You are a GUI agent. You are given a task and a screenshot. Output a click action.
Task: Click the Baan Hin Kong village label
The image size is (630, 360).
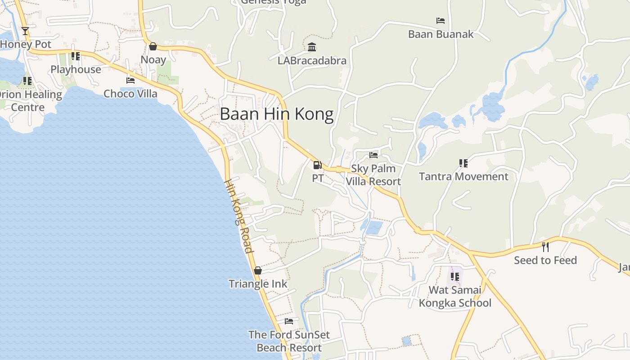[277, 114]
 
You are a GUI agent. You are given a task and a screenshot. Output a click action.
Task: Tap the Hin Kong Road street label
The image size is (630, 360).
[239, 216]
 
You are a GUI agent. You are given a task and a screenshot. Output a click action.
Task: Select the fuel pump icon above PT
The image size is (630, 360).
[317, 165]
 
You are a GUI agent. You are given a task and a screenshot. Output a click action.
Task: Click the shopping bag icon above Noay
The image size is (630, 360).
[153, 46]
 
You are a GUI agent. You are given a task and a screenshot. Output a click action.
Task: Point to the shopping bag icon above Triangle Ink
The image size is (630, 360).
[258, 270]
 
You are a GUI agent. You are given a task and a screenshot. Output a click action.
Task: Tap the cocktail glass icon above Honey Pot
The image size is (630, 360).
[25, 31]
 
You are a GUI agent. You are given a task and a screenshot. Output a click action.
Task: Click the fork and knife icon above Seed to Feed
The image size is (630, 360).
[545, 247]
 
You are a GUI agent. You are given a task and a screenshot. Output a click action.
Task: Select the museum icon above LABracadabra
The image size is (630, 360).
[312, 47]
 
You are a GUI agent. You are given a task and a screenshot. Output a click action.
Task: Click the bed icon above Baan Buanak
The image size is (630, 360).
[441, 21]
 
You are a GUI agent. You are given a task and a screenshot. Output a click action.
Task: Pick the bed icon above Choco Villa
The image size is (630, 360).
[130, 81]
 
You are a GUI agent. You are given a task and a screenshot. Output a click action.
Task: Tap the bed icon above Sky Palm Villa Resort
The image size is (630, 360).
[373, 155]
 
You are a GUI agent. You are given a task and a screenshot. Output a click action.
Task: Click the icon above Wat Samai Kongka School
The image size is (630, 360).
[455, 276]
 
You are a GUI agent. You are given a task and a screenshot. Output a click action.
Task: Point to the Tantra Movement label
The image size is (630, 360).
[463, 176]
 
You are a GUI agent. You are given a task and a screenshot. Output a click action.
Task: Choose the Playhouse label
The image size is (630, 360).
[76, 69]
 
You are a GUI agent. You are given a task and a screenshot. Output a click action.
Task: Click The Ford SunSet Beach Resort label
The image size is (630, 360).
[289, 341]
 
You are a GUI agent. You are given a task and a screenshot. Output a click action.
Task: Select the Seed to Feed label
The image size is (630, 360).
[545, 260]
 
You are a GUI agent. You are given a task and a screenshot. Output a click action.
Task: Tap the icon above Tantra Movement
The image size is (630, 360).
[463, 163]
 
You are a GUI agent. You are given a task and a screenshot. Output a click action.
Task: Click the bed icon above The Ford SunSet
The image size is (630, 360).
[289, 321]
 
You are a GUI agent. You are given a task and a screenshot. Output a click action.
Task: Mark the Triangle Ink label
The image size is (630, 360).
[258, 284]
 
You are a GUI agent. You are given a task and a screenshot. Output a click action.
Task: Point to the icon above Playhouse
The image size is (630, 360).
[76, 56]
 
